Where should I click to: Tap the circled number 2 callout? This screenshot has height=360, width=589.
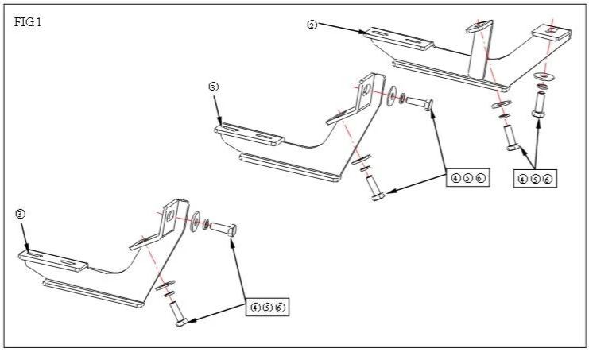click(312, 25)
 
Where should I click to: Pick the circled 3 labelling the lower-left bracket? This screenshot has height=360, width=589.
click(20, 213)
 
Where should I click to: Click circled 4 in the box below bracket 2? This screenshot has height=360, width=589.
click(522, 180)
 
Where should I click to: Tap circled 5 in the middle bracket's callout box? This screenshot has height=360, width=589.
click(467, 177)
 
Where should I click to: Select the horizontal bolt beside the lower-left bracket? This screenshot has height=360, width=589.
click(225, 230)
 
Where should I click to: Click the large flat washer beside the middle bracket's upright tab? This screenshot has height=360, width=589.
click(392, 97)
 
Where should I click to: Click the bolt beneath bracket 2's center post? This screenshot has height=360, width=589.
click(511, 137)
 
